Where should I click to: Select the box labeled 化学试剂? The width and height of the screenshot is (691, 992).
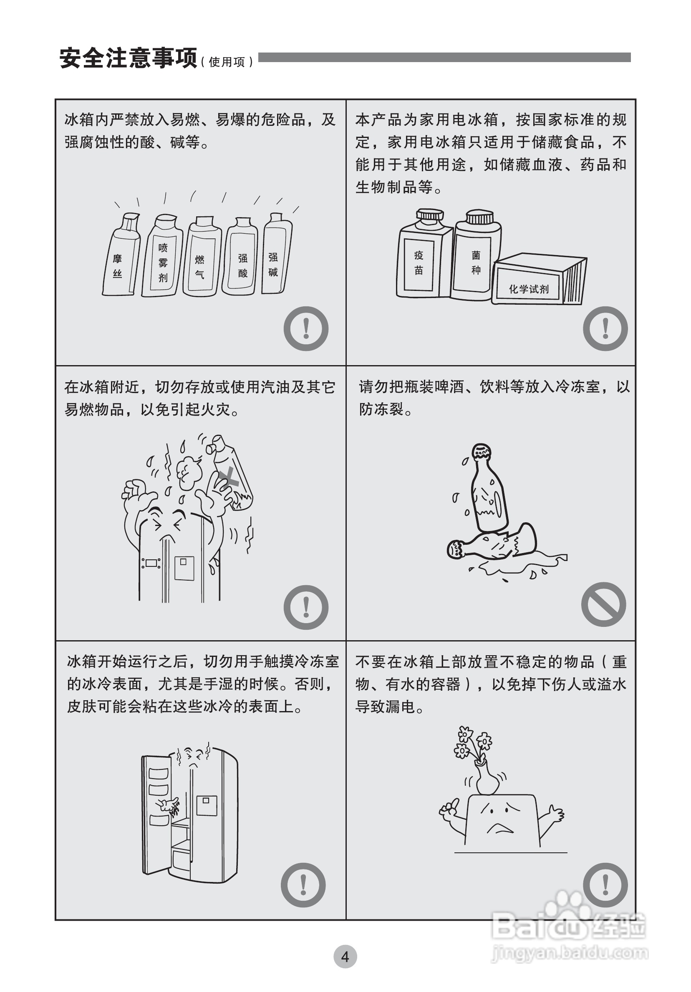[539, 279]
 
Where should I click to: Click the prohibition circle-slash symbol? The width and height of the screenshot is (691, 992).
[604, 604]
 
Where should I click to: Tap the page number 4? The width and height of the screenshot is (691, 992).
[345, 957]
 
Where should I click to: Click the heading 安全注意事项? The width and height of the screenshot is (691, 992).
[128, 58]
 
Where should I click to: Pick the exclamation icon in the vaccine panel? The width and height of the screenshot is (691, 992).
[605, 328]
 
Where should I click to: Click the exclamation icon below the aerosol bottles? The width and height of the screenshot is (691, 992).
[306, 328]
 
